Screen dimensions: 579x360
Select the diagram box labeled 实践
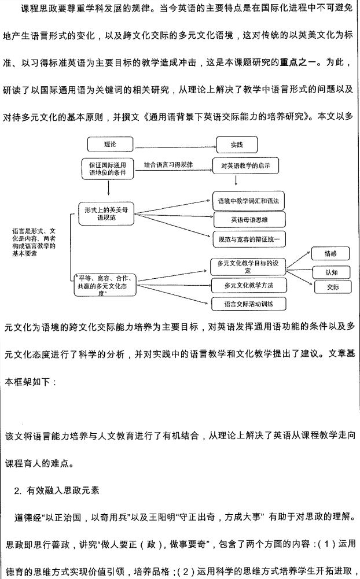(x=237, y=144)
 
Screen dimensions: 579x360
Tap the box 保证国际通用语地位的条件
(x=108, y=168)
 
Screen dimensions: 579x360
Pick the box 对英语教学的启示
(x=246, y=166)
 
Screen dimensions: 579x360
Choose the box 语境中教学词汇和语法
(x=249, y=201)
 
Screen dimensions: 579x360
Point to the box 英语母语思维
(x=249, y=219)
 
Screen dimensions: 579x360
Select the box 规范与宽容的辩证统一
(x=249, y=238)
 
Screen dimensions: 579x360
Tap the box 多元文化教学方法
(x=248, y=285)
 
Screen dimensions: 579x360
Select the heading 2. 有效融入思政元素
(x=57, y=491)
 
